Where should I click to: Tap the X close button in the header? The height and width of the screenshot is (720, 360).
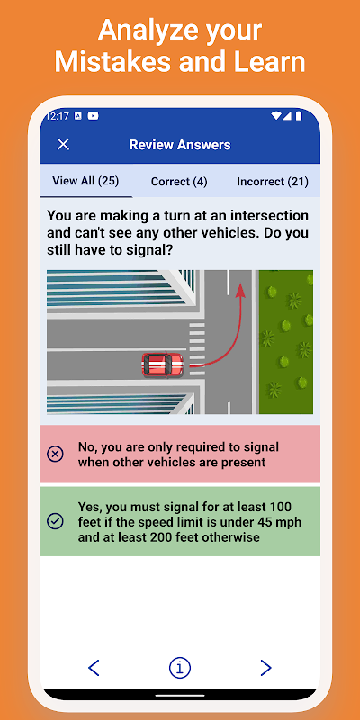(63, 144)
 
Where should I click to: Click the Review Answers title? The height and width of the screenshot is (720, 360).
(180, 145)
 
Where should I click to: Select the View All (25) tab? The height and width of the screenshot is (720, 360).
(85, 181)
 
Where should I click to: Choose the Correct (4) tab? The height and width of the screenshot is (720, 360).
(179, 182)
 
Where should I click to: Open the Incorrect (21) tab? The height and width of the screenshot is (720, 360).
(273, 182)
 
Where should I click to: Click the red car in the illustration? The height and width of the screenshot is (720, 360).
(163, 365)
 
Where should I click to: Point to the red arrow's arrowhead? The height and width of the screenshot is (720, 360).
(239, 291)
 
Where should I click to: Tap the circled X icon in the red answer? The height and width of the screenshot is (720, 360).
(55, 454)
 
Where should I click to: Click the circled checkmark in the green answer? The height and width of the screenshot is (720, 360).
(55, 521)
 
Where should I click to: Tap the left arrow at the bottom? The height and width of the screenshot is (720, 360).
(94, 668)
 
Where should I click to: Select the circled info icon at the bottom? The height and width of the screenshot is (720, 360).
(179, 668)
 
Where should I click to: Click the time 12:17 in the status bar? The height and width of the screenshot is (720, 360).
(58, 116)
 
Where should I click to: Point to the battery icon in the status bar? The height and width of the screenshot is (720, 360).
(299, 116)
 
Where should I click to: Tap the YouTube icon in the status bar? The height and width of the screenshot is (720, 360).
(93, 116)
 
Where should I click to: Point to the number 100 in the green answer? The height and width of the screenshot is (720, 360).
(281, 508)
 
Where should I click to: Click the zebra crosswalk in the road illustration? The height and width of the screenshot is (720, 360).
(197, 349)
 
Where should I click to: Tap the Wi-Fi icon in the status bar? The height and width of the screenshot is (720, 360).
(276, 116)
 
